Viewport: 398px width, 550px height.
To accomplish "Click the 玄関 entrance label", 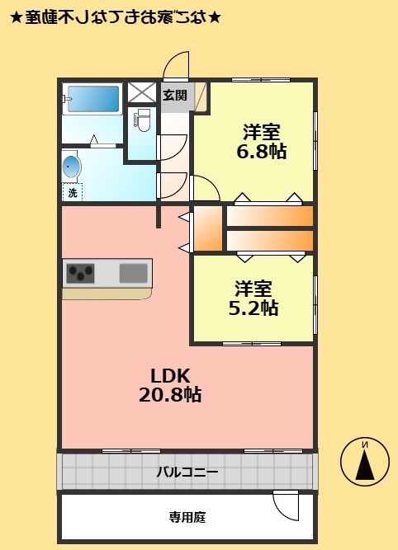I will [174, 95].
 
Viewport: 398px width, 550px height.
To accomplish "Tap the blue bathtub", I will [92, 100].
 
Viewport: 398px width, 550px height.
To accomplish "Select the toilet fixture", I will [143, 120].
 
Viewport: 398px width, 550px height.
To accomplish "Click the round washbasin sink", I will [72, 167].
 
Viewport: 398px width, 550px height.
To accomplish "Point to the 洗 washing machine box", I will [73, 193].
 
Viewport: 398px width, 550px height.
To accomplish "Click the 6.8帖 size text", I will [261, 151].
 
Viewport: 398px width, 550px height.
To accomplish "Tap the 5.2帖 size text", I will [253, 309].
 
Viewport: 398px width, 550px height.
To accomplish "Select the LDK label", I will [170, 375].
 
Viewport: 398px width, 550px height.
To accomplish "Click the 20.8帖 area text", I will [170, 395].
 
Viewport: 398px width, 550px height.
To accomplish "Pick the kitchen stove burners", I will [82, 271].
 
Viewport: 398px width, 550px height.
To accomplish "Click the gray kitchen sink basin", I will [133, 272].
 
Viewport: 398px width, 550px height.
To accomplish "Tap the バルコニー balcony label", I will [187, 472].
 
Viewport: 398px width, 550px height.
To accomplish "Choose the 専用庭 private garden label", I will [187, 518].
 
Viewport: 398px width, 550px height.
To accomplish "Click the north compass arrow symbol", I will [365, 460].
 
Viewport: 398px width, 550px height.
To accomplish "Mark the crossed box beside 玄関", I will [142, 92].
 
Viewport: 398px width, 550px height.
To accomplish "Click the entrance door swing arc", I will [176, 64].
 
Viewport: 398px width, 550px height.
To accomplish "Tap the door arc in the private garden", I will [286, 505].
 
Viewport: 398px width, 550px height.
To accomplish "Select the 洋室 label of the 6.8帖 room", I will [261, 131].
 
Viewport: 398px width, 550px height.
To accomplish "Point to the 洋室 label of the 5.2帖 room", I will [253, 289].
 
